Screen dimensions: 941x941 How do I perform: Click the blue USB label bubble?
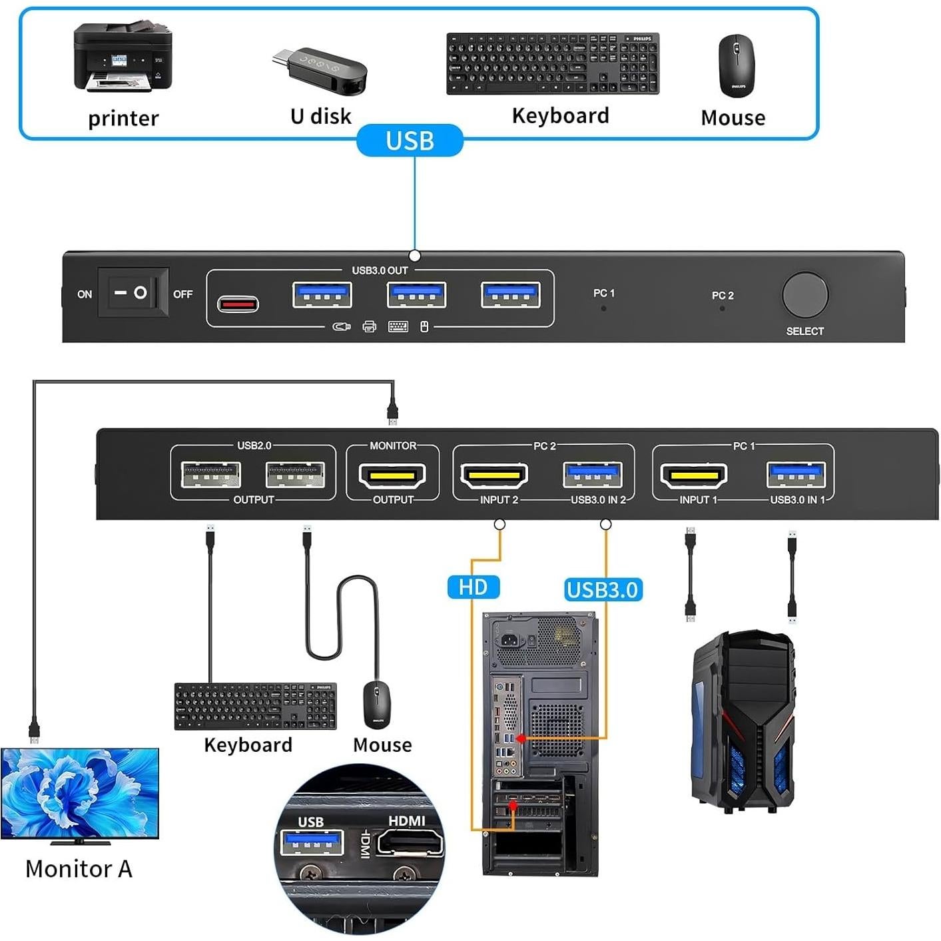pyautogui.click(x=410, y=141)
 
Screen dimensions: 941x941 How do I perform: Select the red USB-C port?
pyautogui.click(x=238, y=304)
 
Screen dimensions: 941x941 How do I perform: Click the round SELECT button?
pyautogui.click(x=804, y=294)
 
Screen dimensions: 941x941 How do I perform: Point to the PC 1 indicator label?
pyautogui.click(x=603, y=293)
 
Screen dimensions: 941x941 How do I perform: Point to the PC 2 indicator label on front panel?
pyautogui.click(x=722, y=295)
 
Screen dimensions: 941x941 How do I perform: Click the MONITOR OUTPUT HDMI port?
pyautogui.click(x=392, y=475)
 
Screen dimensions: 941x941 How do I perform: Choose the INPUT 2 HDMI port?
pyautogui.click(x=493, y=475)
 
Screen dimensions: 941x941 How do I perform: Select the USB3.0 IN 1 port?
pyautogui.click(x=796, y=475)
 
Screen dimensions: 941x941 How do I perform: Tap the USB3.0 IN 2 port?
pyautogui.click(x=593, y=475)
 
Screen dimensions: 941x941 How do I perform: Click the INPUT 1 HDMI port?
pyautogui.click(x=693, y=475)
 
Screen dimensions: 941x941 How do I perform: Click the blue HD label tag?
pyautogui.click(x=473, y=587)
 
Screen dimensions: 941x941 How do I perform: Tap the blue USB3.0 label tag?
pyautogui.click(x=603, y=589)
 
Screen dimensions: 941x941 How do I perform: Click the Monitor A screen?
pyautogui.click(x=79, y=792)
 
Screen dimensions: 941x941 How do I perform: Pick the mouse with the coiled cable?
pyautogui.click(x=377, y=705)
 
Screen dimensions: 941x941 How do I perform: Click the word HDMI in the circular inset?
pyautogui.click(x=406, y=820)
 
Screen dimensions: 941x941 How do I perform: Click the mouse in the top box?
pyautogui.click(x=736, y=65)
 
